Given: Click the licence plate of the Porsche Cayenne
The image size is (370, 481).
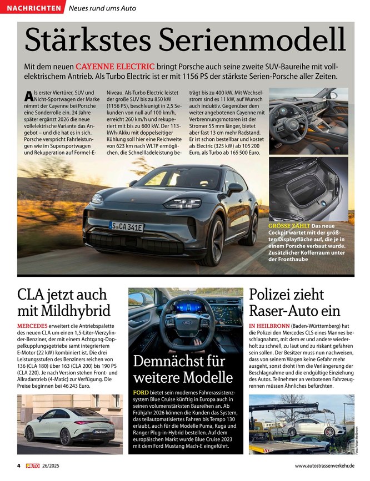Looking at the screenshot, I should (x=127, y=227).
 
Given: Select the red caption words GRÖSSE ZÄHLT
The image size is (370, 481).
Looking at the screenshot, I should (x=288, y=226).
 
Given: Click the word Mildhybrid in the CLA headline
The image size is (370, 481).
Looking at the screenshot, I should (x=64, y=310).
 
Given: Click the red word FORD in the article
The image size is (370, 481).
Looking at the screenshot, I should (x=141, y=392).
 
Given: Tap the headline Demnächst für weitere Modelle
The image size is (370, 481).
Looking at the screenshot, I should (x=183, y=369).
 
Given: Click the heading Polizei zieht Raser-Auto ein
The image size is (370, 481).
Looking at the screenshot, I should (x=294, y=301).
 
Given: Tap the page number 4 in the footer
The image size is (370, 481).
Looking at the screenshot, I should (x=18, y=464).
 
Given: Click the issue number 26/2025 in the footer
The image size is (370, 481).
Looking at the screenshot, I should (x=59, y=464).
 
